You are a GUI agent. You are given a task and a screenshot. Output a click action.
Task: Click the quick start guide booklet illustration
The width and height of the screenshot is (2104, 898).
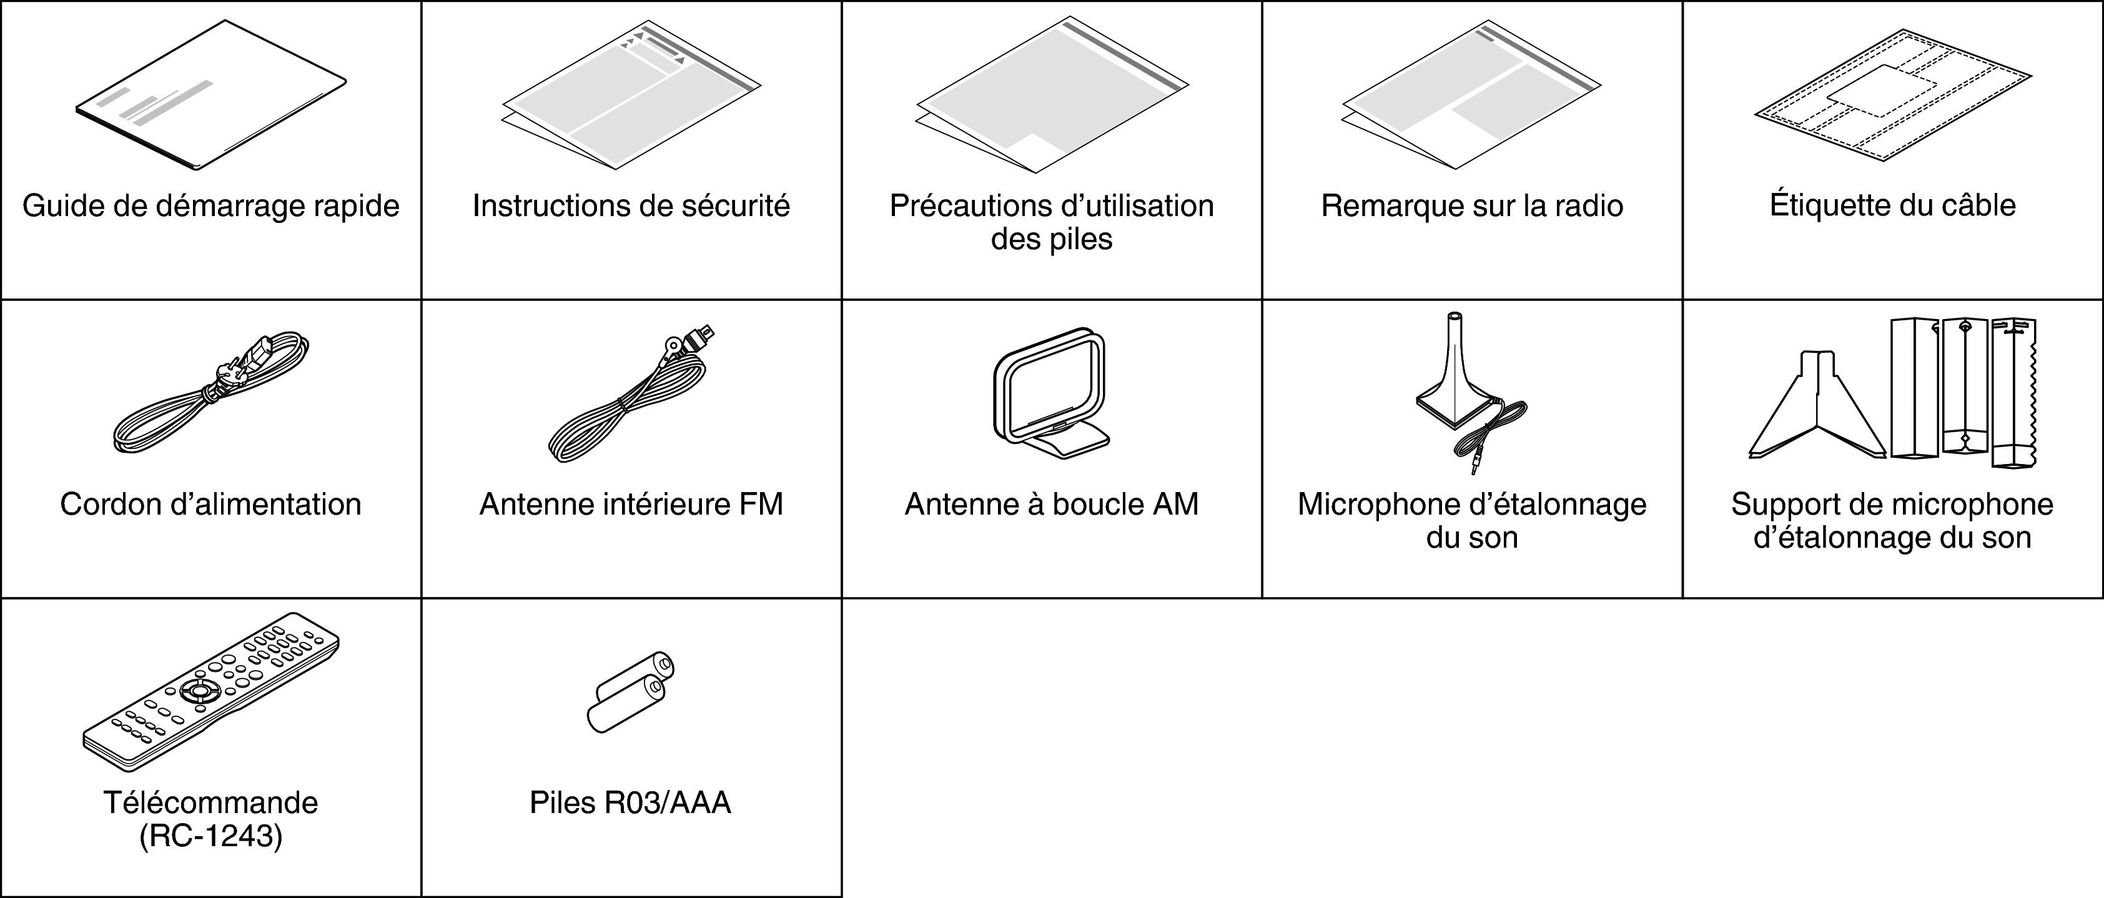pyautogui.click(x=210, y=96)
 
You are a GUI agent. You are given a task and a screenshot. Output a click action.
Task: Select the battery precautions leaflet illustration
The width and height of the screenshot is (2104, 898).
pyautogui.click(x=1052, y=95)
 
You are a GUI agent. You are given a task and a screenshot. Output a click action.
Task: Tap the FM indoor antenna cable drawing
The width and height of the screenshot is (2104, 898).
pyautogui.click(x=631, y=393)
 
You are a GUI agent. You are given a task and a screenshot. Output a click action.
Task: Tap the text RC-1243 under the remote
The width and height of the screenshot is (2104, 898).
pyautogui.click(x=210, y=837)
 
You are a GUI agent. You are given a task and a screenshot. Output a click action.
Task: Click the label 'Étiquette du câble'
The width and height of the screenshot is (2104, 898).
pyautogui.click(x=1892, y=205)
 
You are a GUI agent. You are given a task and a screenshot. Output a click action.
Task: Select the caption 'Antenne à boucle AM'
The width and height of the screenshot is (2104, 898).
pyautogui.click(x=1051, y=505)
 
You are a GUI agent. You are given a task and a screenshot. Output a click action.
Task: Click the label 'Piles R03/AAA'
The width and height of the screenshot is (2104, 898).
pyautogui.click(x=631, y=803)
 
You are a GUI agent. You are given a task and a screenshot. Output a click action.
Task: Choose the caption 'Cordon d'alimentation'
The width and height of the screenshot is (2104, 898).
pyautogui.click(x=210, y=505)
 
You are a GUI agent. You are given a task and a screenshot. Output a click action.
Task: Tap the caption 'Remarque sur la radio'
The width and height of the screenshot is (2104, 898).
pyautogui.click(x=1472, y=205)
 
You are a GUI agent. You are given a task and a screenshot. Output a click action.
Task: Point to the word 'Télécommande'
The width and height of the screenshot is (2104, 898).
pyautogui.click(x=210, y=803)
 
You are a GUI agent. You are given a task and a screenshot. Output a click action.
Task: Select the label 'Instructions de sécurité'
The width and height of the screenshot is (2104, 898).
pyautogui.click(x=631, y=205)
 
